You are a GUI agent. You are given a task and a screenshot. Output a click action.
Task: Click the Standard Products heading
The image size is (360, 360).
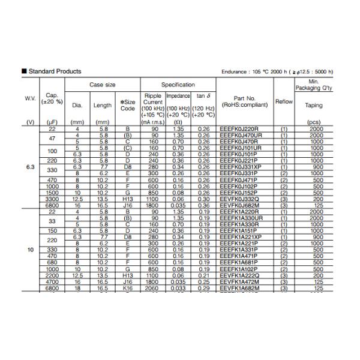tap(55, 72)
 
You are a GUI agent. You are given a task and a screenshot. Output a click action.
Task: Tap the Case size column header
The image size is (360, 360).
tap(103, 85)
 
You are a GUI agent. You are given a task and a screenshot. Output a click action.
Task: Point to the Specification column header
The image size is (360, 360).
tap(178, 85)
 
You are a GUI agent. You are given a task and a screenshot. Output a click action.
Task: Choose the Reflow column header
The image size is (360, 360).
tap(284, 102)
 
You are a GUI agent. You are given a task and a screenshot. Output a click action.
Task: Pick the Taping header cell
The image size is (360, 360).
tap(314, 106)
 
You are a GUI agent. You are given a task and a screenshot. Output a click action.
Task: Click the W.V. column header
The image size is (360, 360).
tap(30, 98)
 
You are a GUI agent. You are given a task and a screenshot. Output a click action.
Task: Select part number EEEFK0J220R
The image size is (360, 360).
tap(242, 128)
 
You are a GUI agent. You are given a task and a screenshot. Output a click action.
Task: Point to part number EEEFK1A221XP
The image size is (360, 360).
tap(245, 238)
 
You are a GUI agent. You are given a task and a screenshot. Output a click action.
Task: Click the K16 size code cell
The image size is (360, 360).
tap(127, 288)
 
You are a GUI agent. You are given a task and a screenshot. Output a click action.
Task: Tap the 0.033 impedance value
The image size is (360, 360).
tap(178, 288)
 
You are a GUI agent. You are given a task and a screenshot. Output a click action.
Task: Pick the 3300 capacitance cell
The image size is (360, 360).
tap(52, 199)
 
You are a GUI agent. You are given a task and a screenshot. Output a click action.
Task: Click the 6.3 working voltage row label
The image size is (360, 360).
tap(30, 167)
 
